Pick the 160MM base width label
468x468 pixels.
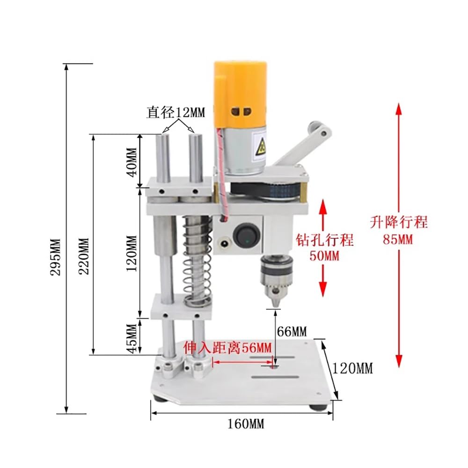pos(246,424)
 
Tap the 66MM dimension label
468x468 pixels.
pos(292,332)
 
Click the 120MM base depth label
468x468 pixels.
pos(352,368)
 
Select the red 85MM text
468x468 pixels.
pos(398,240)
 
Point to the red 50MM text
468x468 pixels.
pos(324,256)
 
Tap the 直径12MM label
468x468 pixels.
pos(176,112)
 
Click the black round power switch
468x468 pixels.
pos(244,234)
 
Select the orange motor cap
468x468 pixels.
pos(240,94)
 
